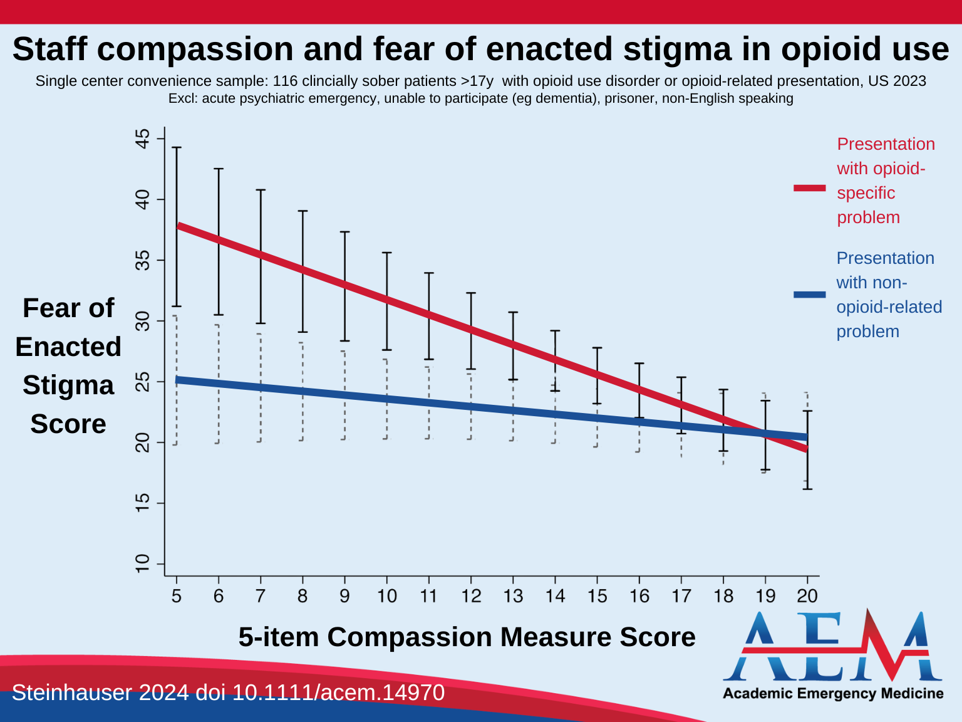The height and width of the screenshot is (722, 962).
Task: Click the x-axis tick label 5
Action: coord(177,596)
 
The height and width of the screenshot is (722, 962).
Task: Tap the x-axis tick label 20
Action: coord(807,596)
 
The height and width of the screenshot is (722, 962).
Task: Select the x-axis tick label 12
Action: coord(471,596)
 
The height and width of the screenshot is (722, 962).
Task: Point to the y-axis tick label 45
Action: coord(143,139)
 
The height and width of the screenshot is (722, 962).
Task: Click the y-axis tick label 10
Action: coord(143,563)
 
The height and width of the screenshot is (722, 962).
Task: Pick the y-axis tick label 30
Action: coord(143,321)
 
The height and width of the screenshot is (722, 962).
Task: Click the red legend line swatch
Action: coord(810,188)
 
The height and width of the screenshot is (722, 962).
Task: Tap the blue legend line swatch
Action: coord(810,295)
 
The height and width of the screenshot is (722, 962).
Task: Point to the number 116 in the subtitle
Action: coord(285,81)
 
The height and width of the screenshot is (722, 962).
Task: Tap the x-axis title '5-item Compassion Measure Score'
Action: coord(467,637)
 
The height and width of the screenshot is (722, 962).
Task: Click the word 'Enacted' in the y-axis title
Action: coord(68,347)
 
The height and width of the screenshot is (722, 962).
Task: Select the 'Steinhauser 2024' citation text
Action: coord(100,693)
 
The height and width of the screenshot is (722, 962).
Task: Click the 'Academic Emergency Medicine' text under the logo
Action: coord(833,693)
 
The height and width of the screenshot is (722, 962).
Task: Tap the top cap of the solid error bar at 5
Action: coord(177,147)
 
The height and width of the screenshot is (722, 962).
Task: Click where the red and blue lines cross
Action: coord(765,433)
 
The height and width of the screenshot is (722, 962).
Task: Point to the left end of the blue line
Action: coord(178,380)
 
